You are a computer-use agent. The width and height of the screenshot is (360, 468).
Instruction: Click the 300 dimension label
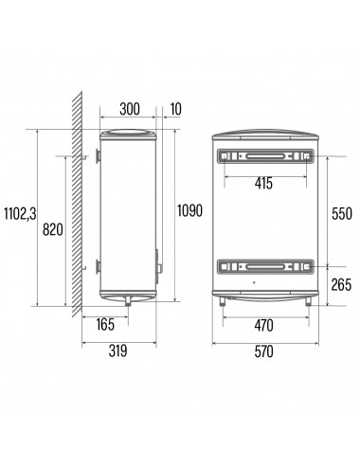[130, 109]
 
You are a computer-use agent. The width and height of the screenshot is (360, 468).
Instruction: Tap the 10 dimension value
[176, 109]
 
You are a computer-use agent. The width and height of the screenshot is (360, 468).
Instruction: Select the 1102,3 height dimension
[20, 214]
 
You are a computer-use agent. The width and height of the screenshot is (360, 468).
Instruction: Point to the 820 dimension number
[53, 229]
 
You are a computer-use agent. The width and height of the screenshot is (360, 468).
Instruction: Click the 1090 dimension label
[189, 210]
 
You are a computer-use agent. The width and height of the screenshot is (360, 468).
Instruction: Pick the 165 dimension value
[105, 324]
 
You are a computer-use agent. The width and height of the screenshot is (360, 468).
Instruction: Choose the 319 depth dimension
[117, 351]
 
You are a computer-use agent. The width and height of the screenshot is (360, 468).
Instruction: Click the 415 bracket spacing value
[263, 183]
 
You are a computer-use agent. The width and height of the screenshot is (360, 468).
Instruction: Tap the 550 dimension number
[341, 214]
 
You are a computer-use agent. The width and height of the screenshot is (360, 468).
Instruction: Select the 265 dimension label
[341, 284]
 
